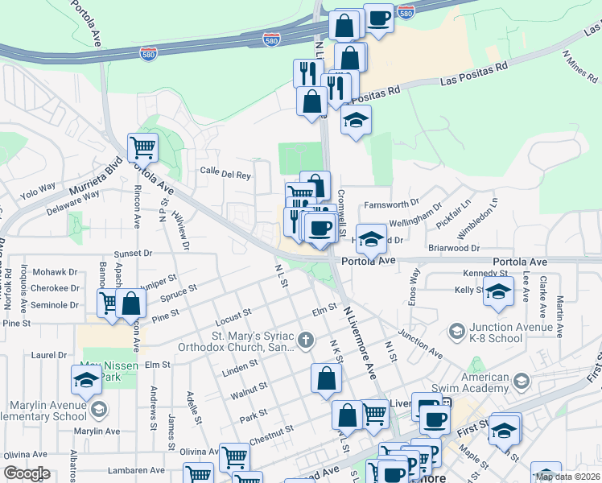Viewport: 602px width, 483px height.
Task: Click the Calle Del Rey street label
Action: tap(225, 174)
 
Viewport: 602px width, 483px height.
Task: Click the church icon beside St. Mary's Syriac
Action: tap(305, 341)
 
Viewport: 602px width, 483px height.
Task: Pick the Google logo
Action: tap(27, 473)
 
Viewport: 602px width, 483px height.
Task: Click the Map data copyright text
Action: tap(567, 477)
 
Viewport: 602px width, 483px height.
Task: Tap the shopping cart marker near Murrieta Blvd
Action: tap(142, 147)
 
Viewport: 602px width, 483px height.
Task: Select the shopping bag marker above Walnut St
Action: tap(326, 378)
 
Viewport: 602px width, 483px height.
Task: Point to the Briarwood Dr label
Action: tap(454, 249)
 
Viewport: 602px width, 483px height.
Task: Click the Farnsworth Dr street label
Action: tap(392, 204)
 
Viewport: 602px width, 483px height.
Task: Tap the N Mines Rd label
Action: tap(579, 68)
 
